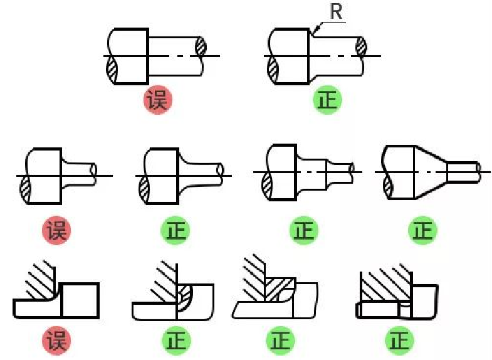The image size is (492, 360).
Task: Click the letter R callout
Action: point(337,13)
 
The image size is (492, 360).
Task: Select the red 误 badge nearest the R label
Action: point(158,100)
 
